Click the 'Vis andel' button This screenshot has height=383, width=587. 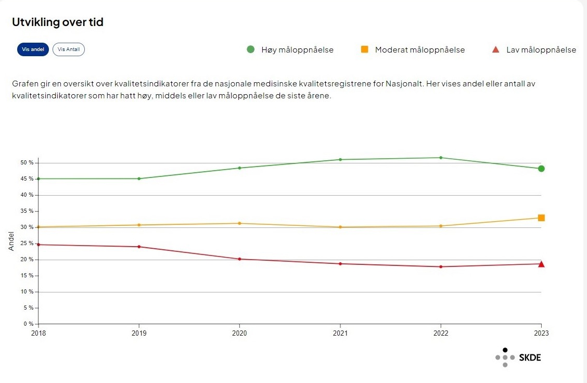click(x=33, y=49)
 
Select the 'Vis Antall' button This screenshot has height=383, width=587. click(x=69, y=49)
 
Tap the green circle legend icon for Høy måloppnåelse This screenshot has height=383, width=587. click(x=250, y=49)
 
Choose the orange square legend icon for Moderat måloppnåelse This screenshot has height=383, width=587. click(x=364, y=49)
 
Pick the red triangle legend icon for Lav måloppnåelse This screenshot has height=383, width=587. click(x=496, y=50)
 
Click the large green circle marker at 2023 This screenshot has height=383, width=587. click(x=541, y=169)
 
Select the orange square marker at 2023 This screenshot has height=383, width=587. click(x=541, y=218)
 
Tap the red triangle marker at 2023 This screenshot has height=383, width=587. click(x=541, y=264)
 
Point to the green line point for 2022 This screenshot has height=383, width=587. click(x=441, y=158)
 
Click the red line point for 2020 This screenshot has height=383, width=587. click(x=239, y=259)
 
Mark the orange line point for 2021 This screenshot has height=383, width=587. click(x=340, y=227)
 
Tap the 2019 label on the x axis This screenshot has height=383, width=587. click(x=139, y=333)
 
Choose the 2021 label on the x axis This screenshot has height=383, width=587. click(x=340, y=333)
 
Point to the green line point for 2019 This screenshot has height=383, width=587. click(x=139, y=178)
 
